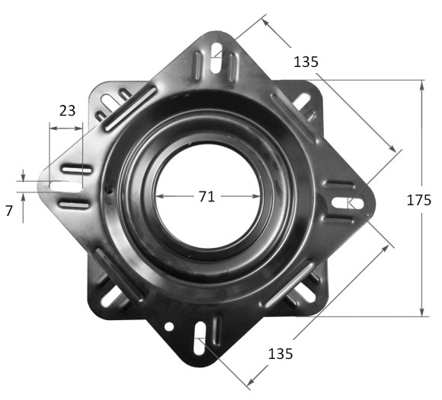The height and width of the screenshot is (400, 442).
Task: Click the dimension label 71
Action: coord(207,196)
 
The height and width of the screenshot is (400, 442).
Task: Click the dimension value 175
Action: coord(419,200)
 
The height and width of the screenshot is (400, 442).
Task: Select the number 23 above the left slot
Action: coord(67,110)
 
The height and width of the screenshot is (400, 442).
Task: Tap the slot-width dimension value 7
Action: coord(9,211)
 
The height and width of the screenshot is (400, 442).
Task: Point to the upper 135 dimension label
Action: coord(306,62)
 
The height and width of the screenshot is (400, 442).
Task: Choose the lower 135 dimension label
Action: coord(280,354)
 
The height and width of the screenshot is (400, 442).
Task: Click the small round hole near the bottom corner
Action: coord(169,326)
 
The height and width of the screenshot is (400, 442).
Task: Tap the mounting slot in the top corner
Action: coord(216,58)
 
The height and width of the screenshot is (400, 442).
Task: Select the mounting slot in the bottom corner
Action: coord(200,338)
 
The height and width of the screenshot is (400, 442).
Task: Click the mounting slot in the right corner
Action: coord(348,203)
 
